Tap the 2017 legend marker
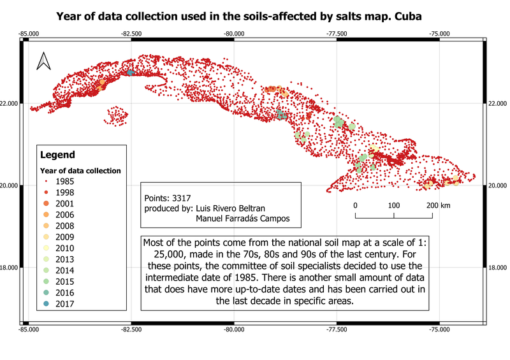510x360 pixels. coord(45,304)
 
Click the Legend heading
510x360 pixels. coord(57,155)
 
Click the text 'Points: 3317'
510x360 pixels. coord(168,198)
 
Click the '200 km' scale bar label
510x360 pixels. coord(438,205)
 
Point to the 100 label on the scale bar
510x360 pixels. coord(394,205)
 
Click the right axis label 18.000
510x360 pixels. coord(497,268)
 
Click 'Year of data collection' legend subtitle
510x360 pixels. coord(80,170)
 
